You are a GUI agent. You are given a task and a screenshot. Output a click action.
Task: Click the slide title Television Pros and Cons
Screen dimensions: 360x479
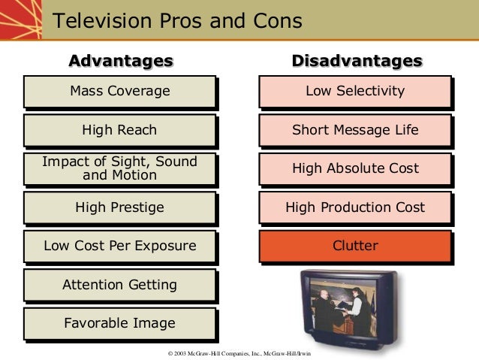point(177,20)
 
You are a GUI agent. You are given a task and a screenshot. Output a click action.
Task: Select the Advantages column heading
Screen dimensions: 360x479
point(121,60)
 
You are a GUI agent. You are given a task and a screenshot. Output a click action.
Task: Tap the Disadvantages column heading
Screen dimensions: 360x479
point(356,60)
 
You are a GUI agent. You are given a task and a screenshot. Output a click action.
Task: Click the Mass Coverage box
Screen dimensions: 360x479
point(119,92)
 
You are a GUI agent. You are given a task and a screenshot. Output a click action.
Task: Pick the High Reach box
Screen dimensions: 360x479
point(119,130)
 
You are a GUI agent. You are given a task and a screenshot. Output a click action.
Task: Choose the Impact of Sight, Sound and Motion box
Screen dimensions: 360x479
point(119,168)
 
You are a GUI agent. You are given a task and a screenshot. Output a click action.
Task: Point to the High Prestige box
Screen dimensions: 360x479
point(119,207)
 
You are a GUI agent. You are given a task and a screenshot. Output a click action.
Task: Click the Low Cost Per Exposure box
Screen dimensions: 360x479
point(119,246)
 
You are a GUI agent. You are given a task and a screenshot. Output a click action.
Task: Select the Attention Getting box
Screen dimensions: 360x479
point(119,285)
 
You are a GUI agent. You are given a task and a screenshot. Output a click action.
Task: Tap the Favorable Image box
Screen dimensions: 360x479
point(119,323)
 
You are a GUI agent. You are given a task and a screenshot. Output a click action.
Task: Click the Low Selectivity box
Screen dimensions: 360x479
point(355,92)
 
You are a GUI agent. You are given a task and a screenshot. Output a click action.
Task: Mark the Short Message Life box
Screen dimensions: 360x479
point(355,130)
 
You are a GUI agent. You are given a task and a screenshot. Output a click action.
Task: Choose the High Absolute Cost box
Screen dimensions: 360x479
point(355,168)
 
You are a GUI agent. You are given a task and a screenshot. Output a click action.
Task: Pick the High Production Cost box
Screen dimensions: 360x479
point(355,207)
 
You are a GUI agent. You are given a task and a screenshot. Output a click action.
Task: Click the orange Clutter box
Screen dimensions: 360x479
point(355,246)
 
